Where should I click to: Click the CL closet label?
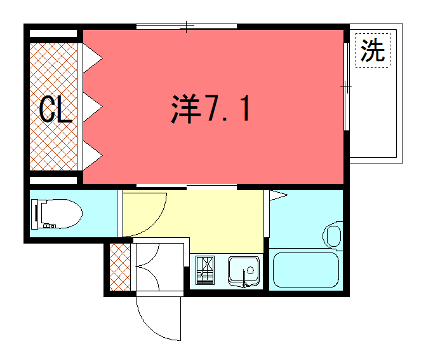pyautogui.click(x=56, y=109)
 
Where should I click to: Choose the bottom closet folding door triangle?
pyautogui.click(x=89, y=151)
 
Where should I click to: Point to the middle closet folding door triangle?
pyautogui.click(x=89, y=104)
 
